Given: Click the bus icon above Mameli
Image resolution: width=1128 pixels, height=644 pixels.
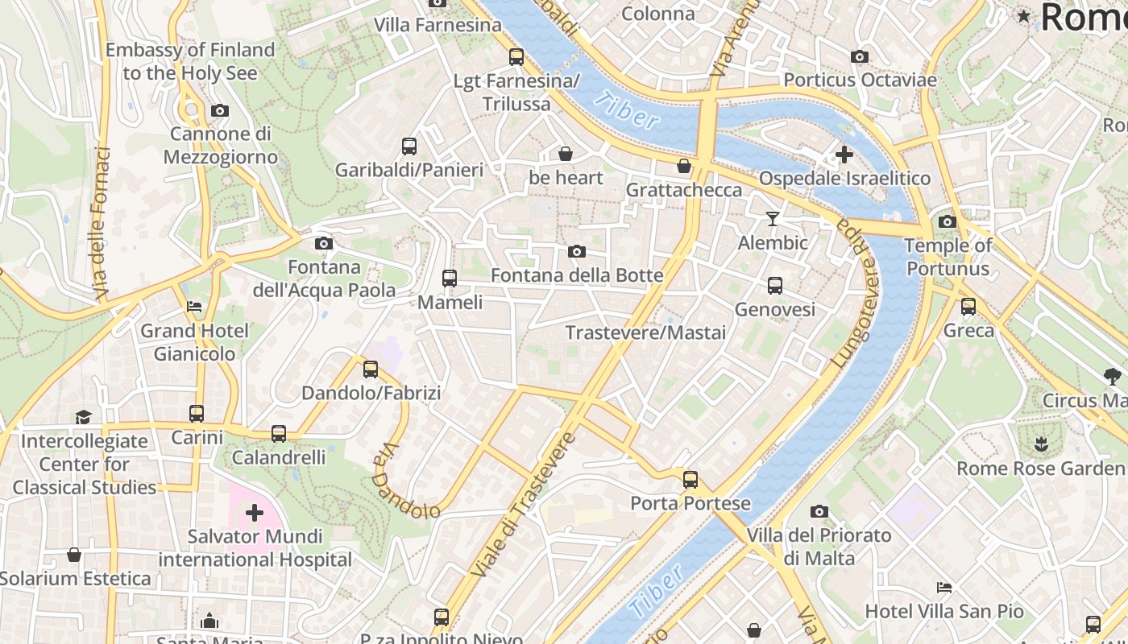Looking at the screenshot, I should tap(450, 279).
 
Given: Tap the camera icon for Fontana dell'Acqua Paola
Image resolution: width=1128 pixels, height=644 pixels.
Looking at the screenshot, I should tap(324, 243).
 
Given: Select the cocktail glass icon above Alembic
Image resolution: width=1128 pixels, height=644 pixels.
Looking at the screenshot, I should tap(773, 218).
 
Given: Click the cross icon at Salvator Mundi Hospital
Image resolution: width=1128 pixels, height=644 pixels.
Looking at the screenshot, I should tap(255, 512).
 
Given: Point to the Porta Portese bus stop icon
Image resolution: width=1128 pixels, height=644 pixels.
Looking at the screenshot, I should tap(690, 480).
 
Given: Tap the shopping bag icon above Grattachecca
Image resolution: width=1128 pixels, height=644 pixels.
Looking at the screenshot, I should tap(684, 166).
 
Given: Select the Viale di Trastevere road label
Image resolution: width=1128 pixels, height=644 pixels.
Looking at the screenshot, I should tap(524, 506).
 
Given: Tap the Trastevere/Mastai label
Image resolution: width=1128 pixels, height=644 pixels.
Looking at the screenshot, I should tap(645, 332).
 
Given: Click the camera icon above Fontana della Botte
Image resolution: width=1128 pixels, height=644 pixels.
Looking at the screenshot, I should tap(577, 252).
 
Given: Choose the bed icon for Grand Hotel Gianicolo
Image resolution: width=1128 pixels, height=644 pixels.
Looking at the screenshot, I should tap(194, 307).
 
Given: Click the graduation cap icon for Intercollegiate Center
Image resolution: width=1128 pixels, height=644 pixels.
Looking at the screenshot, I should tap(84, 417).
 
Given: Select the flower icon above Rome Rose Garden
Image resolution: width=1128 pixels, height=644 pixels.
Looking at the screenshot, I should tap(1040, 444).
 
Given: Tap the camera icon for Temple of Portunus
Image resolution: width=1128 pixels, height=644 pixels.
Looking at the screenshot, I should tap(948, 221).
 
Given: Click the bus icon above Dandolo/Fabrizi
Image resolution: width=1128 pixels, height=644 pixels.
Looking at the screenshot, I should tap(371, 369).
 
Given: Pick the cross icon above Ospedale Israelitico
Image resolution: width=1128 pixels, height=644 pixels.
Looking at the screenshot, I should tap(844, 154).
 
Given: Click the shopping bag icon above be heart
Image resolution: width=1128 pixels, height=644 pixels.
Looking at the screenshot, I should tap(566, 153).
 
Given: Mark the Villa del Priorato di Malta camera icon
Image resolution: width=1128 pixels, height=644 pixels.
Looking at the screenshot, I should tap(819, 511).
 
